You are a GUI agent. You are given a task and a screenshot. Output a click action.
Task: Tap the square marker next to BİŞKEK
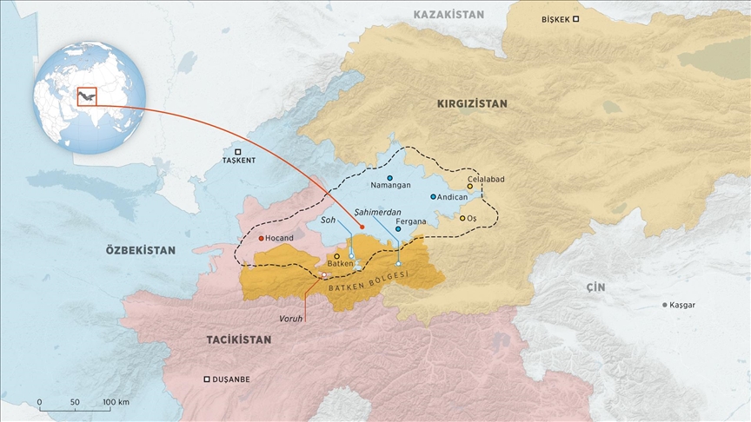click(575, 19)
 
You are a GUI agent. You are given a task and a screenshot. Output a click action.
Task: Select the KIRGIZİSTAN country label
click(472, 103)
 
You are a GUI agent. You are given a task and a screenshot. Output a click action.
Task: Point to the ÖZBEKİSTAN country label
click(140, 249)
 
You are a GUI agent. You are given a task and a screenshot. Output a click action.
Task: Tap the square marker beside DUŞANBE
click(206, 379)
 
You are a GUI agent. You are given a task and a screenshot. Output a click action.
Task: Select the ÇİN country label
click(595, 286)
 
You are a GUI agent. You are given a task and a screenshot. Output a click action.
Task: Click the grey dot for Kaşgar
click(665, 305)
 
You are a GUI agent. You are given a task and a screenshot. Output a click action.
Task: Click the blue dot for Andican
click(433, 197)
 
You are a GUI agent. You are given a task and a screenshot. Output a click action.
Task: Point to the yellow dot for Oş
click(462, 218)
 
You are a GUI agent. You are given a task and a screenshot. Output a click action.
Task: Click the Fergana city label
click(410, 221)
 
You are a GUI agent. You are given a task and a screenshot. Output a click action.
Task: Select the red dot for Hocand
click(262, 237)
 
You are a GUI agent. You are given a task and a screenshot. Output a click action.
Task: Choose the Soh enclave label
click(328, 221)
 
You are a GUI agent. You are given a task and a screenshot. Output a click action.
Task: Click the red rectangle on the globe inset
click(88, 95)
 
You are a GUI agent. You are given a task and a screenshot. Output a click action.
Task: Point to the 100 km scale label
click(116, 402)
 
